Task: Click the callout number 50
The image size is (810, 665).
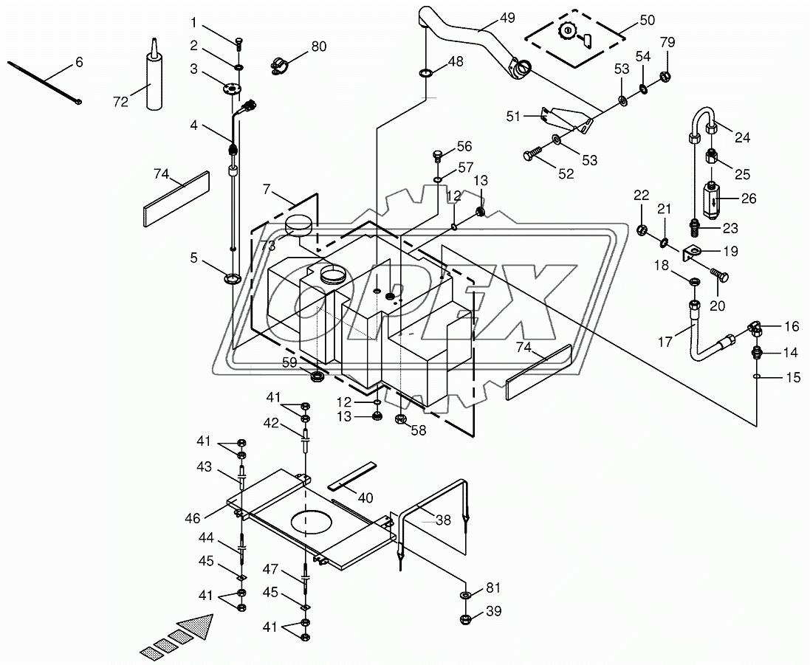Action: click(x=647, y=20)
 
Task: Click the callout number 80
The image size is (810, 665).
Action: click(x=318, y=47)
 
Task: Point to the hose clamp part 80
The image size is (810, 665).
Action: click(x=278, y=66)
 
